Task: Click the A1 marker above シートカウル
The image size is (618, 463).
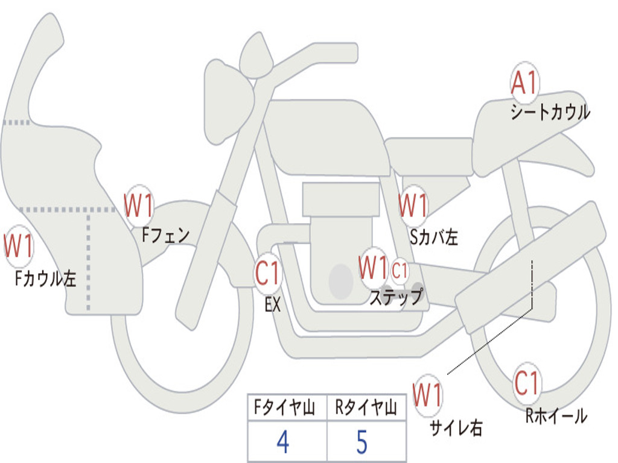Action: [x=524, y=82]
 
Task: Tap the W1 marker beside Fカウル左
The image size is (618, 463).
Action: [x=19, y=245]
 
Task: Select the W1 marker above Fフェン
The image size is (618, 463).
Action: [x=139, y=206]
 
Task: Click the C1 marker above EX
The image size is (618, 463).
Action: [x=268, y=273]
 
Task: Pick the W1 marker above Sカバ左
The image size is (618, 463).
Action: [x=413, y=205]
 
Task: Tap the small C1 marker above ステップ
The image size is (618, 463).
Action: [x=400, y=271]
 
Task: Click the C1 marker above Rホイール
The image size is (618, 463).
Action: [x=526, y=383]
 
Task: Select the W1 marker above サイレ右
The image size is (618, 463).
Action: [x=428, y=395]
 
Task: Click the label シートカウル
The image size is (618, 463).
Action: [x=550, y=112]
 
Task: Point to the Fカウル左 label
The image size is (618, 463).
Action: [x=45, y=279]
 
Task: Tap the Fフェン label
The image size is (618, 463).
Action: [x=165, y=236]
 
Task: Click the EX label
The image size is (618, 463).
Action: [x=273, y=304]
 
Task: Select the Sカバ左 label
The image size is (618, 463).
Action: [x=433, y=237]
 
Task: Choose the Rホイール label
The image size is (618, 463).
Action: [x=556, y=416]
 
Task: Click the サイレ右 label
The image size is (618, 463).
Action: [x=456, y=427]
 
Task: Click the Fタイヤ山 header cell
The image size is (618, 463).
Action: [x=287, y=407]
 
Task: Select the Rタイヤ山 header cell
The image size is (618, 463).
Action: [x=366, y=407]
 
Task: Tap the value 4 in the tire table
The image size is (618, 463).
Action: [x=283, y=442]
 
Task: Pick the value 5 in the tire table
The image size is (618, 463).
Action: [x=362, y=442]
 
